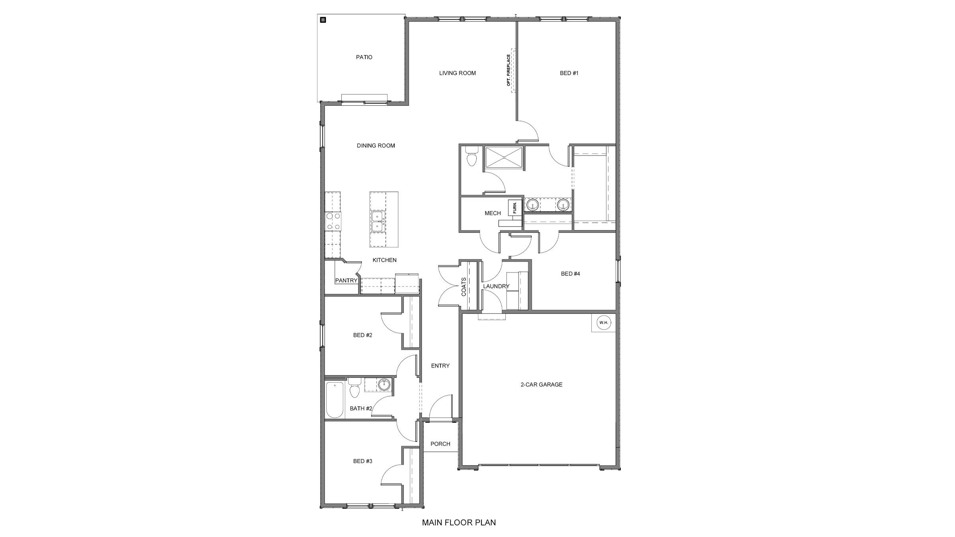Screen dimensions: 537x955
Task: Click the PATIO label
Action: click(364, 57)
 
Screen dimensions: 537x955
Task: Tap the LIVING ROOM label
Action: click(457, 73)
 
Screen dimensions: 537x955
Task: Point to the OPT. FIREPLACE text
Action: click(509, 71)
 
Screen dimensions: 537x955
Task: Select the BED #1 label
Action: click(569, 73)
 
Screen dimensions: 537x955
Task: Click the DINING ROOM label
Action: click(376, 146)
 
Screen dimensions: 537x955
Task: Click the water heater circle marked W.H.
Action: click(604, 323)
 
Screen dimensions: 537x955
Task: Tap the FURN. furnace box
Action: click(515, 207)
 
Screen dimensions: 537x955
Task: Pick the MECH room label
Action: click(493, 213)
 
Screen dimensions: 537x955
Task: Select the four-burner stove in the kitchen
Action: click(54, 222)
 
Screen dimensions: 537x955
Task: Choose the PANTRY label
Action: click(346, 280)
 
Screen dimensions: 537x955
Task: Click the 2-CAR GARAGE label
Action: click(542, 385)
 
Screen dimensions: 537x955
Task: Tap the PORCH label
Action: click(440, 444)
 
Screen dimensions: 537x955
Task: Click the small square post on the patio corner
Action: click(323, 19)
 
